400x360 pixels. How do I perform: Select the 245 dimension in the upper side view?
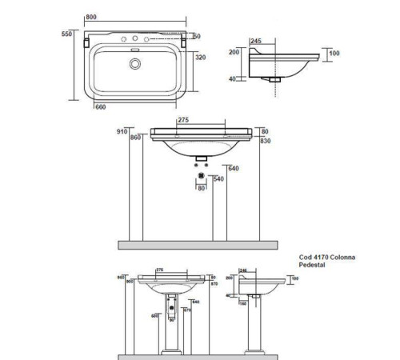click(256, 40)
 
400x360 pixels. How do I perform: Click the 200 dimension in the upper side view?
click(234, 53)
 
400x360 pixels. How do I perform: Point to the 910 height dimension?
click(122, 130)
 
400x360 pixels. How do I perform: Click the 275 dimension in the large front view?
click(184, 121)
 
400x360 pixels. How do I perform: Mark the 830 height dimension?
click(266, 141)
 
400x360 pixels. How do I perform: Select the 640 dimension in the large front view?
click(234, 169)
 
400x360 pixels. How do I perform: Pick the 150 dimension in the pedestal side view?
click(242, 303)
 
